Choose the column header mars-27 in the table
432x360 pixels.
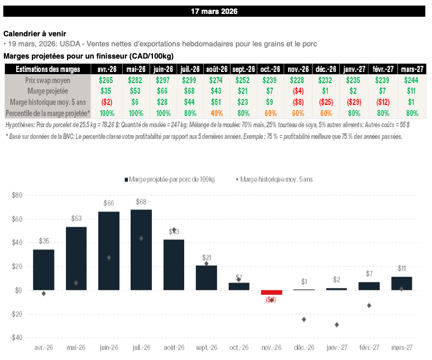click(412, 69)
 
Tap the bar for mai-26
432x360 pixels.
click(76, 258)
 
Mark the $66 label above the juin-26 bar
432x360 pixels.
click(108, 204)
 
